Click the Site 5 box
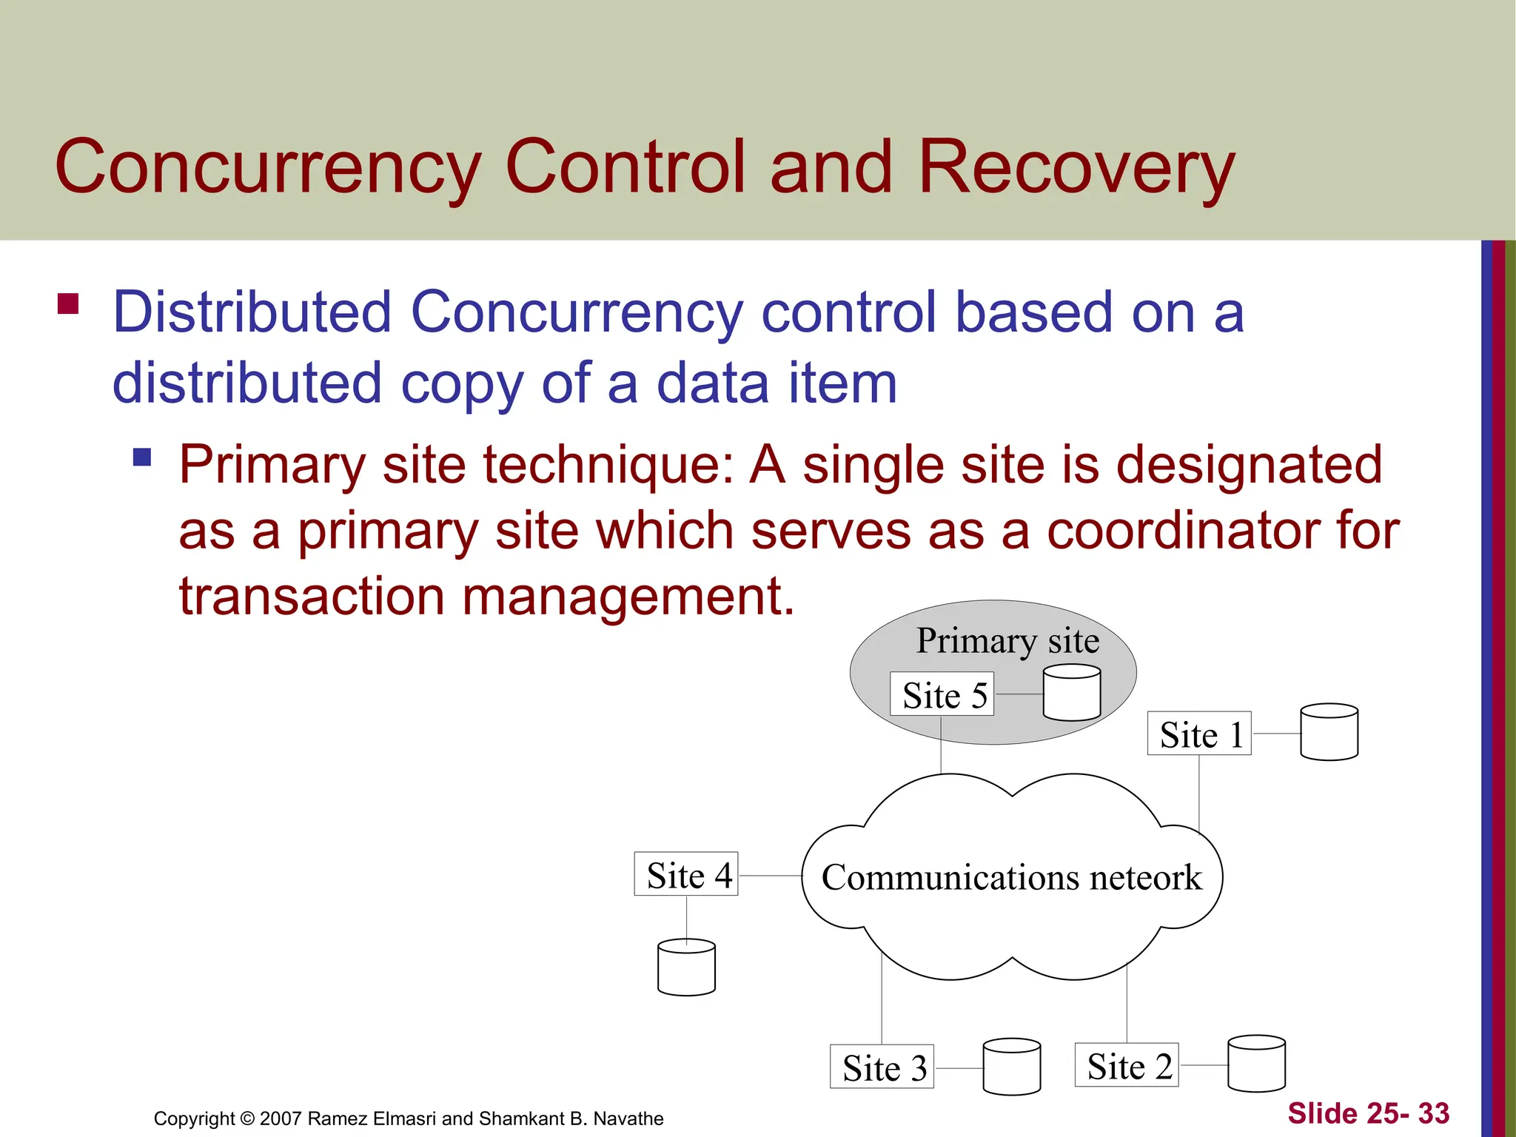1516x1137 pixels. (x=942, y=694)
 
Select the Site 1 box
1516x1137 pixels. (x=1199, y=734)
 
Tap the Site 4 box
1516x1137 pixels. (x=686, y=874)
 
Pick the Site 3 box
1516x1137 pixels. (x=882, y=1067)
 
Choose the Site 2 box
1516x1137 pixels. (x=1127, y=1065)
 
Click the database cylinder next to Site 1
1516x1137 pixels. (x=1329, y=733)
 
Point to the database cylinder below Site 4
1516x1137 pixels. (x=686, y=968)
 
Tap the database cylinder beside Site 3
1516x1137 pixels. (x=1012, y=1067)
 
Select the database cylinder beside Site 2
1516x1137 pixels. (x=1256, y=1064)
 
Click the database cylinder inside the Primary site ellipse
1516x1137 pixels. (x=1071, y=693)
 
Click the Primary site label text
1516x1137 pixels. (x=1007, y=640)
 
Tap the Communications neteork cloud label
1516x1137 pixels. (x=1011, y=877)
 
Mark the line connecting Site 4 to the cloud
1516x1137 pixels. (x=770, y=876)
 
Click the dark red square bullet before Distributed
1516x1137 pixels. (x=68, y=304)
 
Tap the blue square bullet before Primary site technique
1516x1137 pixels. (x=142, y=457)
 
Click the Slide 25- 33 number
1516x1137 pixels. (x=1368, y=1113)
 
